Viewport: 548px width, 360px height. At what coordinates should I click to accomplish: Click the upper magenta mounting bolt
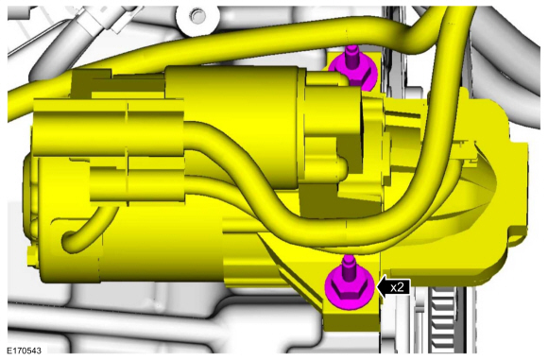point(353,70)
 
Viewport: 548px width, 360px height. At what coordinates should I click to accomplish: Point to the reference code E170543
point(25,351)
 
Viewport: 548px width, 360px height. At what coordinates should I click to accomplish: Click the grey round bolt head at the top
point(197,15)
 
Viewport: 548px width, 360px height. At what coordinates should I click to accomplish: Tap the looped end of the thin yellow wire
point(70,240)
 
